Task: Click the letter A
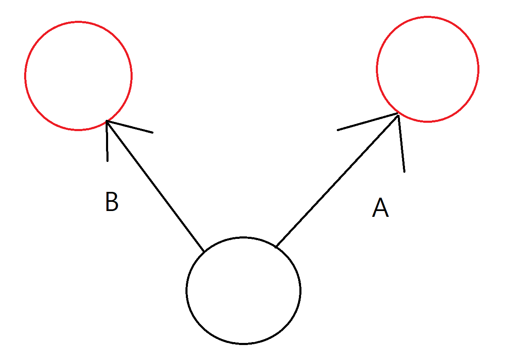pos(380,208)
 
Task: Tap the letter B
pos(112,202)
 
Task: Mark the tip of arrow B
pos(107,121)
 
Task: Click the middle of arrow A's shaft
pos(337,180)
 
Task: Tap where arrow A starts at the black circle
pos(277,246)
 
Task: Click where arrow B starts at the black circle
pos(204,251)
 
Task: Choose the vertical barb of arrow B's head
pos(107,142)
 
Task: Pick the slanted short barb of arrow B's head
pos(130,127)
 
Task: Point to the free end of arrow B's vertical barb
pos(107,161)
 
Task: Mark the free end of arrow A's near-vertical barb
pos(404,171)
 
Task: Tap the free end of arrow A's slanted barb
pos(338,130)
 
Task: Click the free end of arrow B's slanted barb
pos(153,133)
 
